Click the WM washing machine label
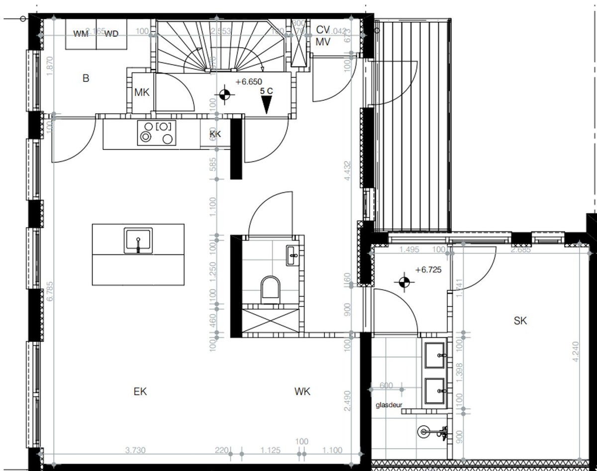[x=81, y=34]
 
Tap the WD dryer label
[x=111, y=34]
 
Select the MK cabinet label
[x=142, y=92]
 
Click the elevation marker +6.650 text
[x=249, y=82]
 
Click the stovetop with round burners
[x=157, y=133]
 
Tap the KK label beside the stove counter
[x=215, y=134]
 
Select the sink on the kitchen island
[x=138, y=241]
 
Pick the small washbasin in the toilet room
[x=293, y=255]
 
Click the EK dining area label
[x=140, y=392]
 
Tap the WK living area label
[x=302, y=392]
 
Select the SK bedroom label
[x=520, y=321]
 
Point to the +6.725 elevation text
[x=428, y=270]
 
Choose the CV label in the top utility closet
[x=323, y=29]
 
